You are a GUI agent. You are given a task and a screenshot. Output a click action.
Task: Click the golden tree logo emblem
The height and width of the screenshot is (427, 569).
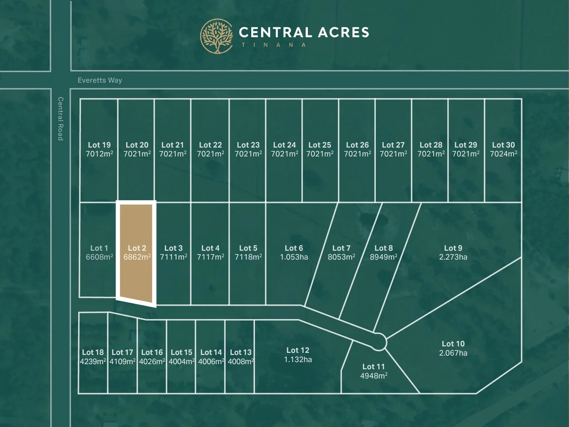216,36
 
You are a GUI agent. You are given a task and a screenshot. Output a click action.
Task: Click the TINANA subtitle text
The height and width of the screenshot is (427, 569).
274,45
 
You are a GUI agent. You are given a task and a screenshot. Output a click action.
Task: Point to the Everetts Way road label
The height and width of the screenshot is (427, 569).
100,80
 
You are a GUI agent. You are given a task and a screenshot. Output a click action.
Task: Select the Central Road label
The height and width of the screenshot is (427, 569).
60,119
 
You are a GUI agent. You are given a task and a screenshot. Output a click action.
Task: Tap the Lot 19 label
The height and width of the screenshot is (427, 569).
99,145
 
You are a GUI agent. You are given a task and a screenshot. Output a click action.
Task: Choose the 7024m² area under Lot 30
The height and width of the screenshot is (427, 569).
503,154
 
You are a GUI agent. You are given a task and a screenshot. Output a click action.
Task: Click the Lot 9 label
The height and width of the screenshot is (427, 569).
453,248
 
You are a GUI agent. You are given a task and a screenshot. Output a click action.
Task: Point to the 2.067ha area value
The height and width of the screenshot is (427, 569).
453,353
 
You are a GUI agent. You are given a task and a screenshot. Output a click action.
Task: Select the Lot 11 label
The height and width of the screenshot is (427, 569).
373,367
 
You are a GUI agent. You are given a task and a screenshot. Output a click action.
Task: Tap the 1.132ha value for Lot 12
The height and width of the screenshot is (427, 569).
298,359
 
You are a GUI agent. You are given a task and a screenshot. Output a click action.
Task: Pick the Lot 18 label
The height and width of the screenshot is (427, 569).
93,352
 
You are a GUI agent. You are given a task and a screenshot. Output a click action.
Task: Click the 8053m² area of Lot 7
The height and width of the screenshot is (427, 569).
341,257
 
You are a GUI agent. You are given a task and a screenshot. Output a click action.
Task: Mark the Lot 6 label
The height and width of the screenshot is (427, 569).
294,248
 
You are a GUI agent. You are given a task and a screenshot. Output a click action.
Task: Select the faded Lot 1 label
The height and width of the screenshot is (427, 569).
99,248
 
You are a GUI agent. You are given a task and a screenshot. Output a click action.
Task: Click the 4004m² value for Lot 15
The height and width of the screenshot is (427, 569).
181,361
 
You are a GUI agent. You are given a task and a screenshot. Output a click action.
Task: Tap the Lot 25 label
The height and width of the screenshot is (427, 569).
320,145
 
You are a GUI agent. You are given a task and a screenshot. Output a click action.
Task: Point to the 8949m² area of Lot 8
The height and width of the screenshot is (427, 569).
383,257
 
